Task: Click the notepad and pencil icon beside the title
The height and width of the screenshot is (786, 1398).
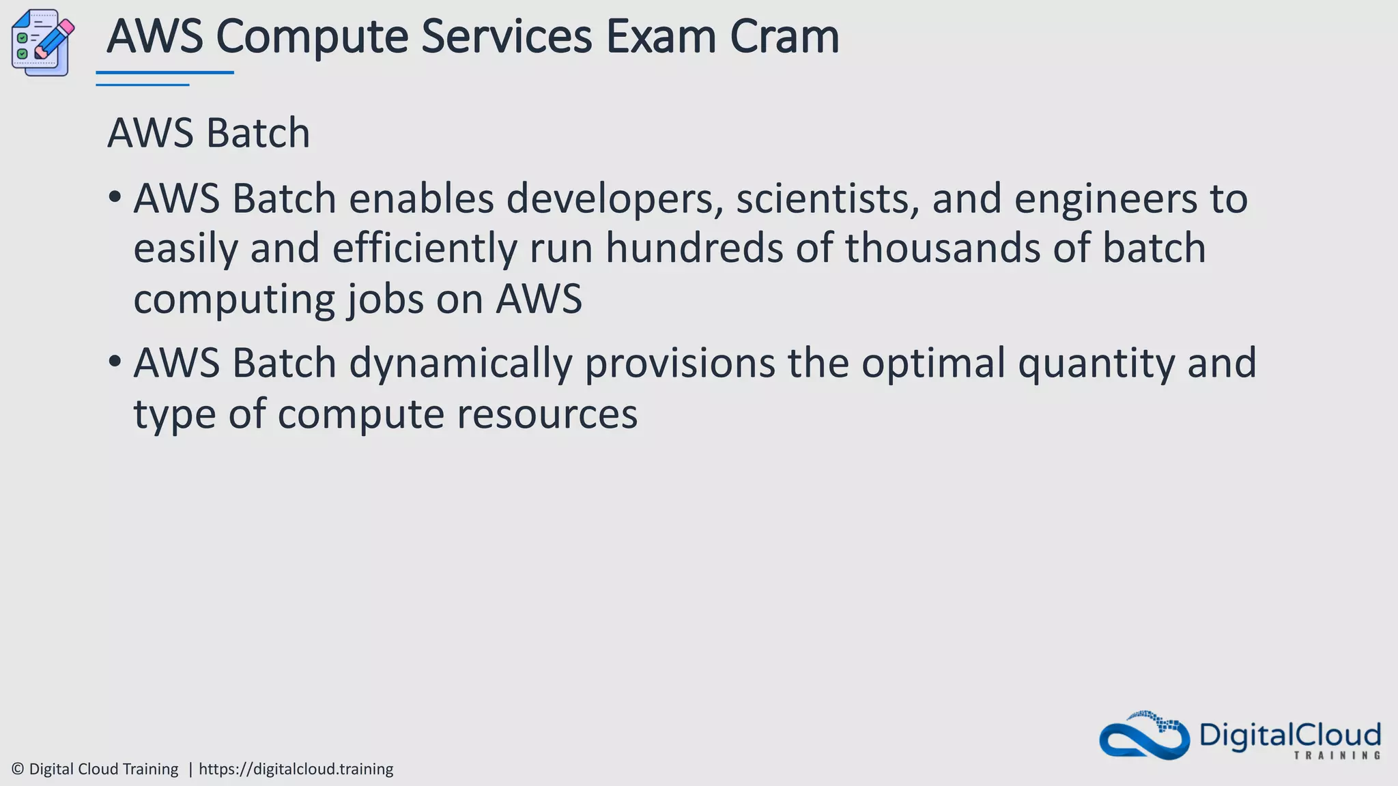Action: point(42,42)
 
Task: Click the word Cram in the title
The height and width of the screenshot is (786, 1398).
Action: point(784,37)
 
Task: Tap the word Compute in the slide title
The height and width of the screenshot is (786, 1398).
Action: point(312,37)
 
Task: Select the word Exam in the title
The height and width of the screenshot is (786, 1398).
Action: point(660,37)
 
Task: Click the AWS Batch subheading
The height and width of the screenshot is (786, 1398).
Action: point(208,133)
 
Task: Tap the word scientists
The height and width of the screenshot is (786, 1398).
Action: point(827,199)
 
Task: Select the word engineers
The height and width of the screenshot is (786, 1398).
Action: point(1105,199)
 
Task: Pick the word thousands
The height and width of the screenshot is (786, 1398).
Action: point(943,248)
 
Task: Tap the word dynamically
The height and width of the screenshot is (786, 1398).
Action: point(460,364)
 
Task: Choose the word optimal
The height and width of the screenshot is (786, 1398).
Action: point(932,364)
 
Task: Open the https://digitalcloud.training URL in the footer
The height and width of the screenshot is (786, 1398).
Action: point(296,770)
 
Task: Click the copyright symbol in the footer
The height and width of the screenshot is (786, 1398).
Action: point(18,770)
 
